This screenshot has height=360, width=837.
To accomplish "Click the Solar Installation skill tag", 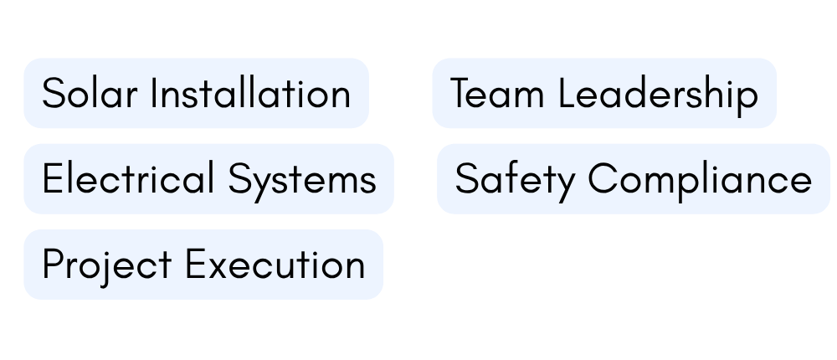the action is pos(197,93).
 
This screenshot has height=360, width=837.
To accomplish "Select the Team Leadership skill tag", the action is pos(604,93).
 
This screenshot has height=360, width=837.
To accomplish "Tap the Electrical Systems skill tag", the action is pos(208,179).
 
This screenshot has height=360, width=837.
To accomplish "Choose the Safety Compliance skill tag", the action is pos(633,179).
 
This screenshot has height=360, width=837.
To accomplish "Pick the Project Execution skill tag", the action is pos(203,265).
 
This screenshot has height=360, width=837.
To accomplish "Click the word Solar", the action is pos(90,93).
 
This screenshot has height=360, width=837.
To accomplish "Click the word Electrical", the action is pos(128,178).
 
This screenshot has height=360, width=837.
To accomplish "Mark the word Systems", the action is pos(303,183).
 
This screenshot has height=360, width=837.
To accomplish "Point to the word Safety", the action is pos(515,183).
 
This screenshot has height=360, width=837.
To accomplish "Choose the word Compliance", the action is pos(700,183).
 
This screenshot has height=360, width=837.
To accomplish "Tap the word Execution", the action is pos(275,264).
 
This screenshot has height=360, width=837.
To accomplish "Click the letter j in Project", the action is pos(107,270).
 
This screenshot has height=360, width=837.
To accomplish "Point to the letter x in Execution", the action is pos(218,268).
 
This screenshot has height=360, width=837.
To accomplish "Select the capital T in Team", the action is pos(462,93).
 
